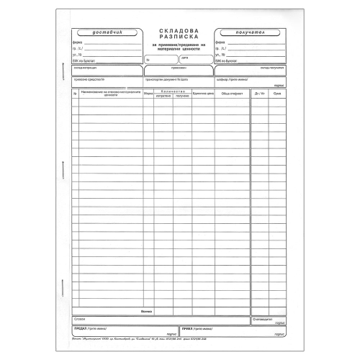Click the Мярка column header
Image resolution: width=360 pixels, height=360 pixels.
pyautogui.click(x=147, y=94)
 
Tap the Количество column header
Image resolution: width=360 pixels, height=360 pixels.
pyautogui.click(x=173, y=91)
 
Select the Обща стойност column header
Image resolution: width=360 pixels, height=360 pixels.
pyautogui.click(x=230, y=94)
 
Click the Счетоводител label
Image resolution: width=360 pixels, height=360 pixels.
pyautogui.click(x=262, y=318)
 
